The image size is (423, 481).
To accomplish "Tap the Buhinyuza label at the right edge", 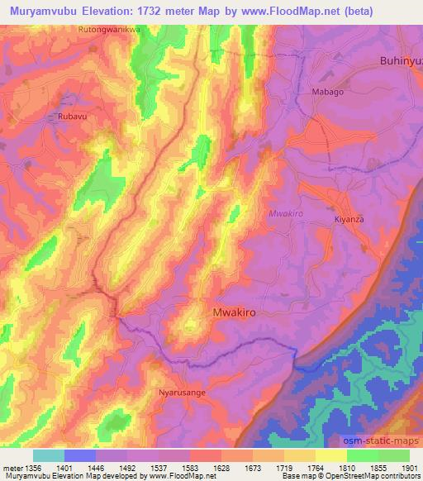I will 401,60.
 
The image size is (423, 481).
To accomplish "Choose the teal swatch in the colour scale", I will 49,456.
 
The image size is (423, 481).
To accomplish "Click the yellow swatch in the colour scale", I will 331,456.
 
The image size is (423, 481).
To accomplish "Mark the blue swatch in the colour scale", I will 80,456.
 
